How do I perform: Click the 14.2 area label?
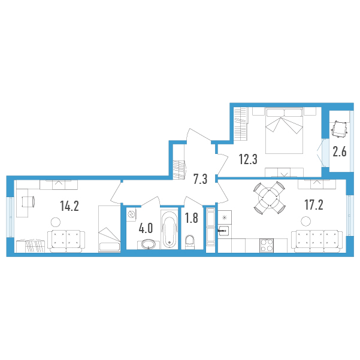(x=69, y=205)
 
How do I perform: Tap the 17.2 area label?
(x=314, y=205)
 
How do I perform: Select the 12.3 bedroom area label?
(x=248, y=159)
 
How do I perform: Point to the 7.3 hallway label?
(x=200, y=179)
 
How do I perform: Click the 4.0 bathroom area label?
(x=146, y=228)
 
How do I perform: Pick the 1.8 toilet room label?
(x=192, y=218)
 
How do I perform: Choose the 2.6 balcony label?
(x=340, y=152)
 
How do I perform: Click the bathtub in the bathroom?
(x=170, y=229)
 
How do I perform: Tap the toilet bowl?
(x=190, y=241)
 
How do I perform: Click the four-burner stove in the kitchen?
(x=267, y=245)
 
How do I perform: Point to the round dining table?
(x=270, y=198)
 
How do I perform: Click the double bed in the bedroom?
(x=285, y=131)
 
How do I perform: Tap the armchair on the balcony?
(x=340, y=129)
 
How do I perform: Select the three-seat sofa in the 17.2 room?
(x=317, y=241)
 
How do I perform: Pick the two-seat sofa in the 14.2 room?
(x=66, y=241)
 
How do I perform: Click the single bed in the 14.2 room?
(x=110, y=229)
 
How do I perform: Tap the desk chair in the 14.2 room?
(x=29, y=202)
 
